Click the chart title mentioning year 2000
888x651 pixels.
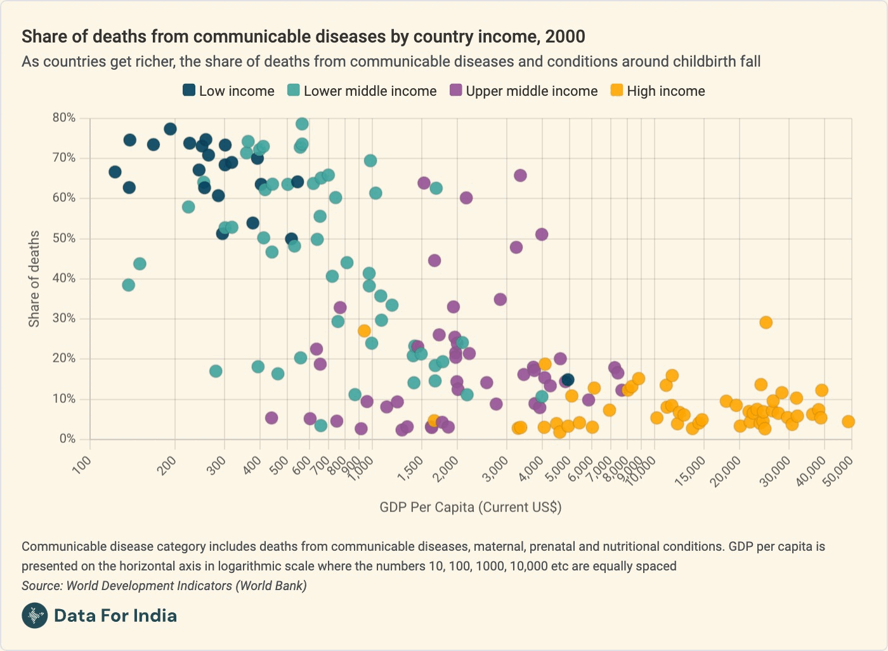click(303, 37)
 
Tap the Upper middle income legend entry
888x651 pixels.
click(523, 91)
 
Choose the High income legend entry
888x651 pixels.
click(658, 91)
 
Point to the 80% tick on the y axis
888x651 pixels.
click(63, 118)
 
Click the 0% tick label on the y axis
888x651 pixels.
click(67, 439)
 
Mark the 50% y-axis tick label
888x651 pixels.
click(63, 239)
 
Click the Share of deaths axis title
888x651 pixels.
click(34, 279)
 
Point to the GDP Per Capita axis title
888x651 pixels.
click(470, 507)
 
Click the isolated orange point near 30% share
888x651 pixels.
click(766, 322)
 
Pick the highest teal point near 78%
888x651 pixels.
click(302, 124)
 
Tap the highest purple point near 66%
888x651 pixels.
click(520, 176)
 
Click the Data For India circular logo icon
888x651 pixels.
click(34, 615)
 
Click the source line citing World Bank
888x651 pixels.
click(164, 586)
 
